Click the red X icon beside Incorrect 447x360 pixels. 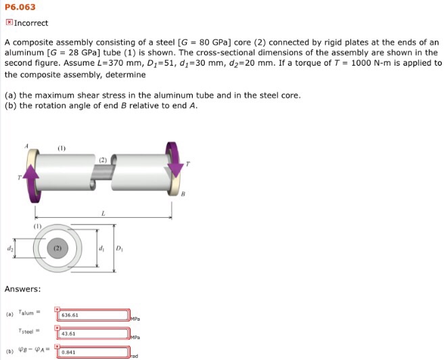pyautogui.click(x=8, y=22)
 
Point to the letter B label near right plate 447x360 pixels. pyautogui.click(x=182, y=194)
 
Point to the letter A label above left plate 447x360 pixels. pyautogui.click(x=27, y=145)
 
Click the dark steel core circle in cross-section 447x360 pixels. pyautogui.click(x=58, y=248)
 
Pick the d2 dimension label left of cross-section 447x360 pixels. pyautogui.click(x=9, y=248)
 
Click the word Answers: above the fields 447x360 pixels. pyautogui.click(x=22, y=289)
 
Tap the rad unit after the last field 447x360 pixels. pyautogui.click(x=134, y=356)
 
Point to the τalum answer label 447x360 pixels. pyautogui.click(x=29, y=313)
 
